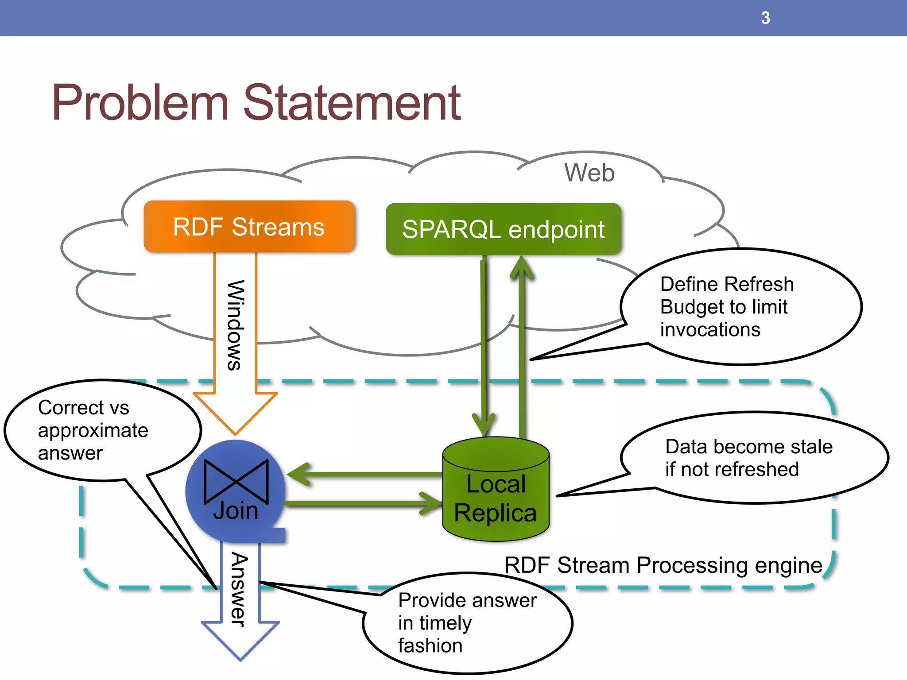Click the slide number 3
pyautogui.click(x=765, y=18)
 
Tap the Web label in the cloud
pyautogui.click(x=589, y=173)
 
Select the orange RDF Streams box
pyautogui.click(x=249, y=227)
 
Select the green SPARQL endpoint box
pyautogui.click(x=503, y=229)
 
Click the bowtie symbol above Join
pyautogui.click(x=236, y=482)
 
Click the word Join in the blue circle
pyautogui.click(x=236, y=511)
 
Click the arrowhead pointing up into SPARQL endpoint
pyautogui.click(x=521, y=268)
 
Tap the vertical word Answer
pyautogui.click(x=239, y=589)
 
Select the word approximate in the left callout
pyautogui.click(x=93, y=430)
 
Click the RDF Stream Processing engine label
pyautogui.click(x=663, y=565)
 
